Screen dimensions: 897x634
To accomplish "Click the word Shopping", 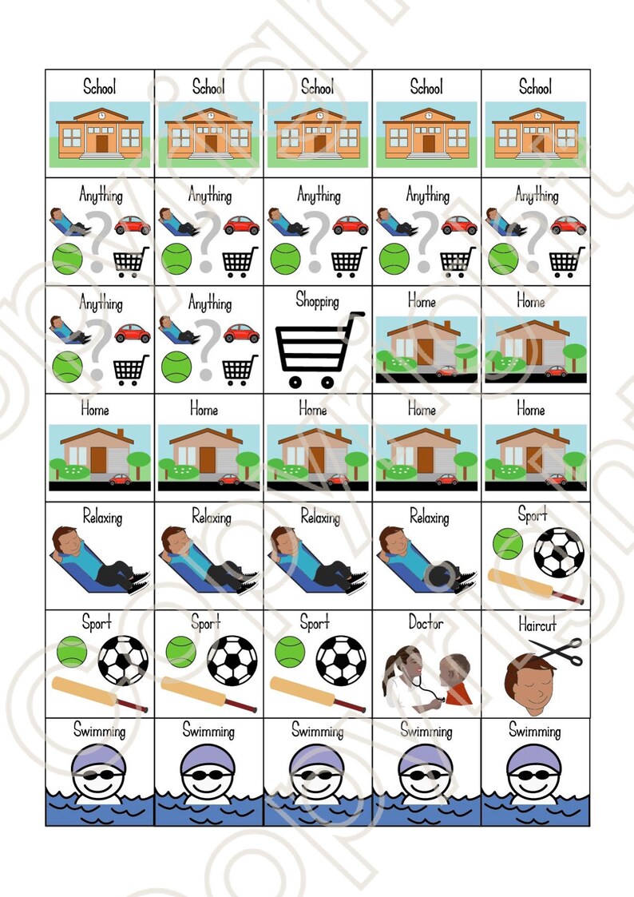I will coord(317,301).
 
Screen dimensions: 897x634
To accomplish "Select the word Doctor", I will coord(426,623).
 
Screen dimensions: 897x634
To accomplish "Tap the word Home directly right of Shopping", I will coord(422,301).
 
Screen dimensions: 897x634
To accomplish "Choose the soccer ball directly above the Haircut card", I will coord(558,552).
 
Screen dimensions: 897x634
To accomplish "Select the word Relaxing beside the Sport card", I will coord(430,518).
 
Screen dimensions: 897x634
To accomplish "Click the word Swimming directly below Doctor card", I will coord(426,730).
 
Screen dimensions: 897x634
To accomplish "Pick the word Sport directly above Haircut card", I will coord(533,514).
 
